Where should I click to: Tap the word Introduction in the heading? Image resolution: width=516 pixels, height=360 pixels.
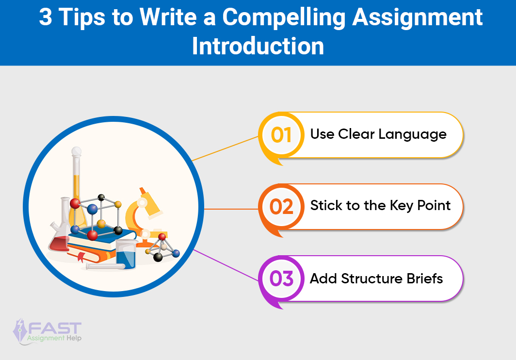pyautogui.click(x=258, y=46)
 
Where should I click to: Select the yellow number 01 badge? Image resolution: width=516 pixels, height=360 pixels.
pyautogui.click(x=281, y=135)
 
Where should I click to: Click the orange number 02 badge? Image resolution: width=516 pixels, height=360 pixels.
pyautogui.click(x=281, y=207)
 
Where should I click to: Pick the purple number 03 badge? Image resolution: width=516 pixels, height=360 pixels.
pyautogui.click(x=281, y=278)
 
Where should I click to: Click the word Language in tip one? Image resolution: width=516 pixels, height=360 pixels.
pyautogui.click(x=412, y=135)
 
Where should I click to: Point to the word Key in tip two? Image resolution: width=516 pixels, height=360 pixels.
pyautogui.click(x=402, y=206)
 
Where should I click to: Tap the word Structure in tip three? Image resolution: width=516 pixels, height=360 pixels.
pyautogui.click(x=371, y=278)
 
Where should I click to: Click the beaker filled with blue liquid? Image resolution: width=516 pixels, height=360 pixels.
pyautogui.click(x=126, y=254)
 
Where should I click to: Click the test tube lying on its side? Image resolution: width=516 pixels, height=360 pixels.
pyautogui.click(x=105, y=266)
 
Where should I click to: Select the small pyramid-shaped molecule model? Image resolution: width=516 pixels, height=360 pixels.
pyautogui.click(x=162, y=248)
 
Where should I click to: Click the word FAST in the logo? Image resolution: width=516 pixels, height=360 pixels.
pyautogui.click(x=55, y=328)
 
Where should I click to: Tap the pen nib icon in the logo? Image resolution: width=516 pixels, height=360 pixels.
pyautogui.click(x=19, y=330)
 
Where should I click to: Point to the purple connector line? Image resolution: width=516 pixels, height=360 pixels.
pyautogui.click(x=226, y=265)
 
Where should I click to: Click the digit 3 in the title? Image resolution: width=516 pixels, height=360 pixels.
pyautogui.click(x=46, y=17)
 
